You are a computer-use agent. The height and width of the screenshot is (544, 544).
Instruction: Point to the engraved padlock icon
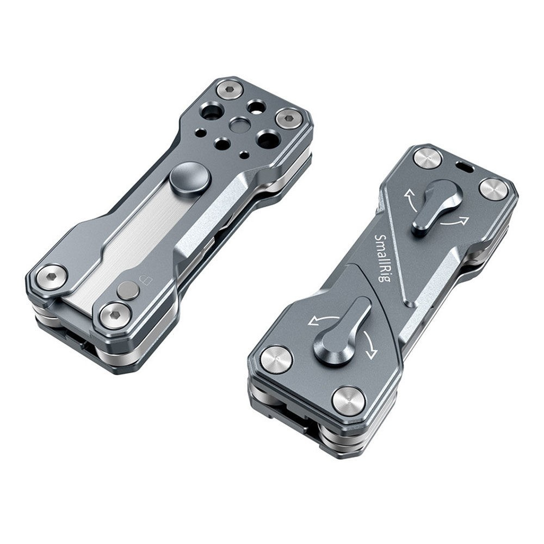[x=144, y=280]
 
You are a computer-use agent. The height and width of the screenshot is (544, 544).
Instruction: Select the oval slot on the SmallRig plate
[x=465, y=166]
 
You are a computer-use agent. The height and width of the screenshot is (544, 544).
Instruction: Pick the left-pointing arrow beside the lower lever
[x=322, y=320]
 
